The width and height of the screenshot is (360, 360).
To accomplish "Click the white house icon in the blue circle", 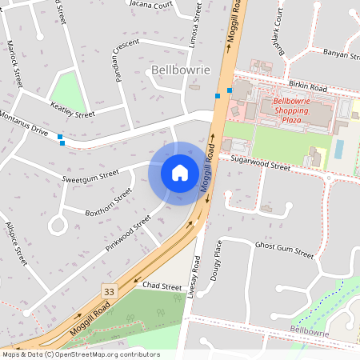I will pos(180,173).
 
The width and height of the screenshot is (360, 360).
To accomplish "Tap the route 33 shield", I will pos(109,291).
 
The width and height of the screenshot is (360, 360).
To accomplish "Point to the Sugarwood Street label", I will pos(260,164).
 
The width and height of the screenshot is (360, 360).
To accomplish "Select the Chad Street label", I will pos(162,286).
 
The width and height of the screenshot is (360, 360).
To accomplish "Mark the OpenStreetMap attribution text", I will pos(80,354).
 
